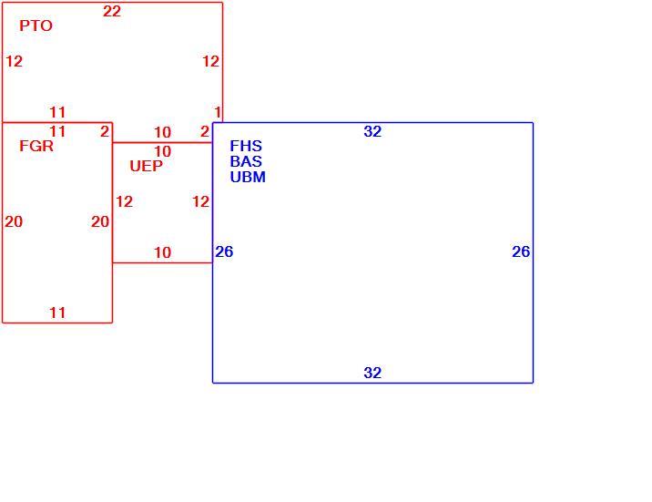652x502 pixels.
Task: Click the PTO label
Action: click(36, 26)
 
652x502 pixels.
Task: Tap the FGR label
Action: click(36, 146)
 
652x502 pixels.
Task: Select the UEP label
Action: click(146, 166)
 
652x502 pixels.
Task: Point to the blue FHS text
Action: click(246, 146)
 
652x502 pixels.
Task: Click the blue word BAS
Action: click(246, 161)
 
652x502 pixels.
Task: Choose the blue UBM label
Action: click(248, 177)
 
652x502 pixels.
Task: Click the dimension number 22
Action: click(112, 11)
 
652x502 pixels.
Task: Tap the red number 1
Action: click(218, 112)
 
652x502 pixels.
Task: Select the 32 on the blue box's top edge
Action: click(372, 131)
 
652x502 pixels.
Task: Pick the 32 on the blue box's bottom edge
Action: click(372, 373)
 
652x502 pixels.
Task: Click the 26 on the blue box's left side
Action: click(224, 251)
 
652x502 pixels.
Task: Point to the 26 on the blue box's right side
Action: click(521, 251)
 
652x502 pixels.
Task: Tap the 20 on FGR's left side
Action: click(14, 221)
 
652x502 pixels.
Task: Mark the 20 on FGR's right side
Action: click(100, 221)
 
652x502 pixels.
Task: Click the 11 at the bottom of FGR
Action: click(57, 312)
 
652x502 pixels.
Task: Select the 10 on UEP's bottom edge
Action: click(163, 252)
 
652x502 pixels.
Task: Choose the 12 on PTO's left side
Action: click(15, 62)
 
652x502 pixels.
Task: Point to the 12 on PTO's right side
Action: click(211, 62)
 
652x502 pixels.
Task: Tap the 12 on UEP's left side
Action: click(125, 201)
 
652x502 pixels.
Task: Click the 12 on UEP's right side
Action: click(200, 201)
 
